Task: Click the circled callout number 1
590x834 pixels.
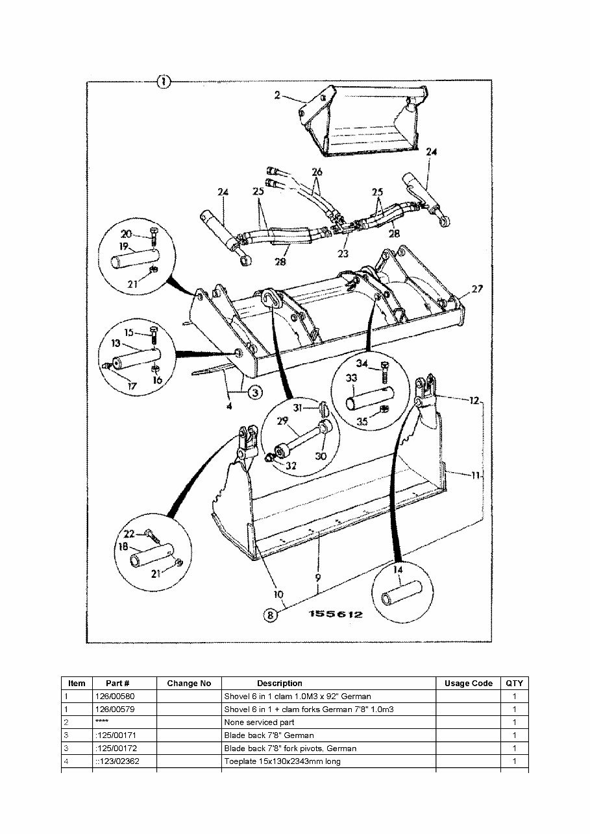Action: pyautogui.click(x=164, y=82)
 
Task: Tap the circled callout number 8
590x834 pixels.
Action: pyautogui.click(x=270, y=615)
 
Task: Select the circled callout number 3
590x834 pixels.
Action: pyautogui.click(x=254, y=392)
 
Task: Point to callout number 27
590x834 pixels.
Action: pyautogui.click(x=477, y=289)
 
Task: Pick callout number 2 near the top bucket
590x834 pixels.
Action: pyautogui.click(x=277, y=95)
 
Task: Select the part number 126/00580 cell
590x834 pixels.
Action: pyautogui.click(x=115, y=696)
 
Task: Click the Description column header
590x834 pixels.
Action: pyautogui.click(x=279, y=683)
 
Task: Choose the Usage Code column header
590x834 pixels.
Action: pyautogui.click(x=468, y=683)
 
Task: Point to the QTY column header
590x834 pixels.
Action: pyautogui.click(x=514, y=683)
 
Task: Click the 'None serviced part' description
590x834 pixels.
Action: pyautogui.click(x=259, y=722)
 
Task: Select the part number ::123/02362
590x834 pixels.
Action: pyautogui.click(x=117, y=761)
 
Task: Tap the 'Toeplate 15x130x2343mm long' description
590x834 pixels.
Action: pyautogui.click(x=282, y=761)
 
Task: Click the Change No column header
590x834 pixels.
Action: pyautogui.click(x=189, y=683)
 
